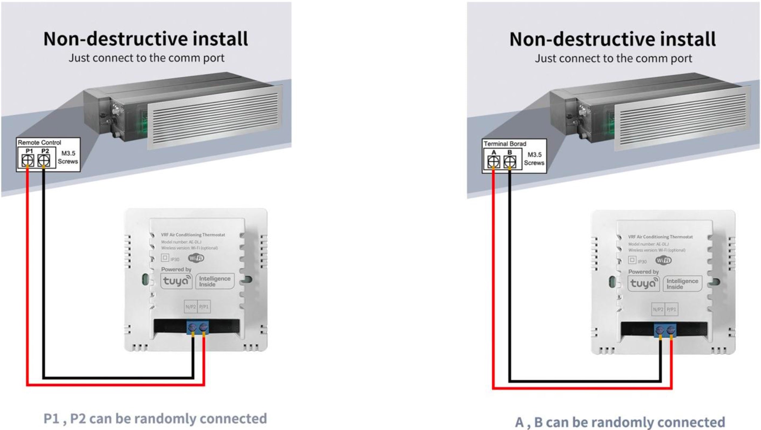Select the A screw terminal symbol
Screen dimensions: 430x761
[494, 162]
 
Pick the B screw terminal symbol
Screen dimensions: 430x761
[510, 162]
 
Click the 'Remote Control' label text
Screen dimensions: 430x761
[39, 143]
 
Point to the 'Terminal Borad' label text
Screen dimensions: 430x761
[505, 144]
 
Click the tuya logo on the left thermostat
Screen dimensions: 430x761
[176, 281]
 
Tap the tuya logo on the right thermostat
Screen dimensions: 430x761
[643, 284]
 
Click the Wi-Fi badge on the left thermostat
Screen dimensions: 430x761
[196, 258]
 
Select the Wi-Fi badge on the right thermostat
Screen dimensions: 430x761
[663, 260]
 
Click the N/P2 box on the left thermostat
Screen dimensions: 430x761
[191, 307]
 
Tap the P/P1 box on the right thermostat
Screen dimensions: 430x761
[671, 309]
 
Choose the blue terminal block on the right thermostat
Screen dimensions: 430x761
[665, 330]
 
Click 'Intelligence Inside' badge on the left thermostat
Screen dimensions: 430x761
[215, 281]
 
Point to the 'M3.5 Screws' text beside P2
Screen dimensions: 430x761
[68, 158]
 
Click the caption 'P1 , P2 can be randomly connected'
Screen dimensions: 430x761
[155, 418]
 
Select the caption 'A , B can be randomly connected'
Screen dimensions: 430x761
[620, 422]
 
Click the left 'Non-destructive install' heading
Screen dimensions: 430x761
[146, 39]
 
